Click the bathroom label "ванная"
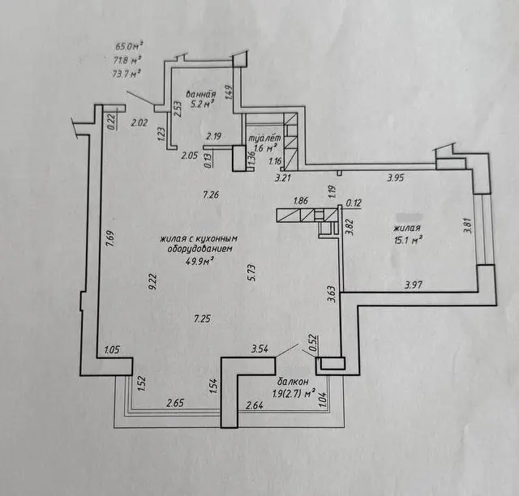[x=199, y=93]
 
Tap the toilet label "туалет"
[x=266, y=138]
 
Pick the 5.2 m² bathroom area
[x=201, y=105]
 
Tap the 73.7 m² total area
[x=127, y=73]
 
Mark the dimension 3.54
[x=259, y=349]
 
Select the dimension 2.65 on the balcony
[x=175, y=403]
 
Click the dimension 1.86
[x=301, y=200]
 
